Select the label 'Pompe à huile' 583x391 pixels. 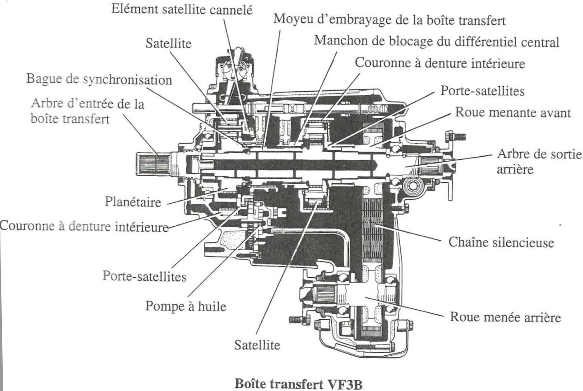[x=185, y=305]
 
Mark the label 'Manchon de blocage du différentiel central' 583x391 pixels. [x=437, y=42]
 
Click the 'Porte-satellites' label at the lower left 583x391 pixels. [x=144, y=275]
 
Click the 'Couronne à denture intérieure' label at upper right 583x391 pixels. [x=440, y=63]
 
